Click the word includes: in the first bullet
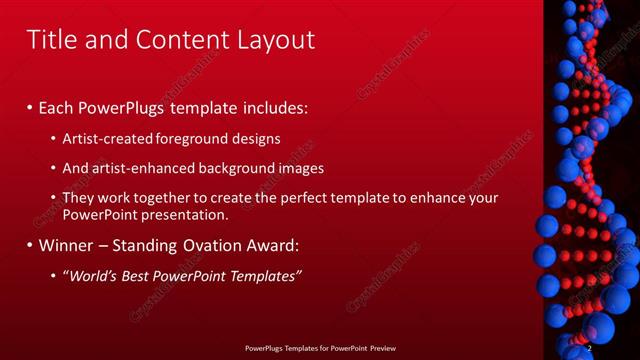pyautogui.click(x=270, y=106)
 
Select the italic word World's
pyautogui.click(x=94, y=275)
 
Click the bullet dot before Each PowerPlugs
pyautogui.click(x=30, y=107)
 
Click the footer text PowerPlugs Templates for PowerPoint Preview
pyautogui.click(x=320, y=347)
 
